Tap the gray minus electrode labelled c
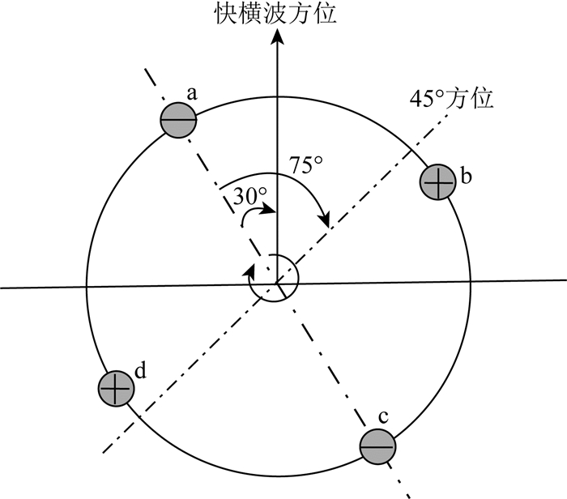pyautogui.click(x=377, y=446)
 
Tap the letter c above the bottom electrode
pyautogui.click(x=383, y=417)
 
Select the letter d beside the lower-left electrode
pyautogui.click(x=141, y=371)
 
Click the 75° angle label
pyautogui.click(x=307, y=164)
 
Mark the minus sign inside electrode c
pyautogui.click(x=377, y=446)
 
